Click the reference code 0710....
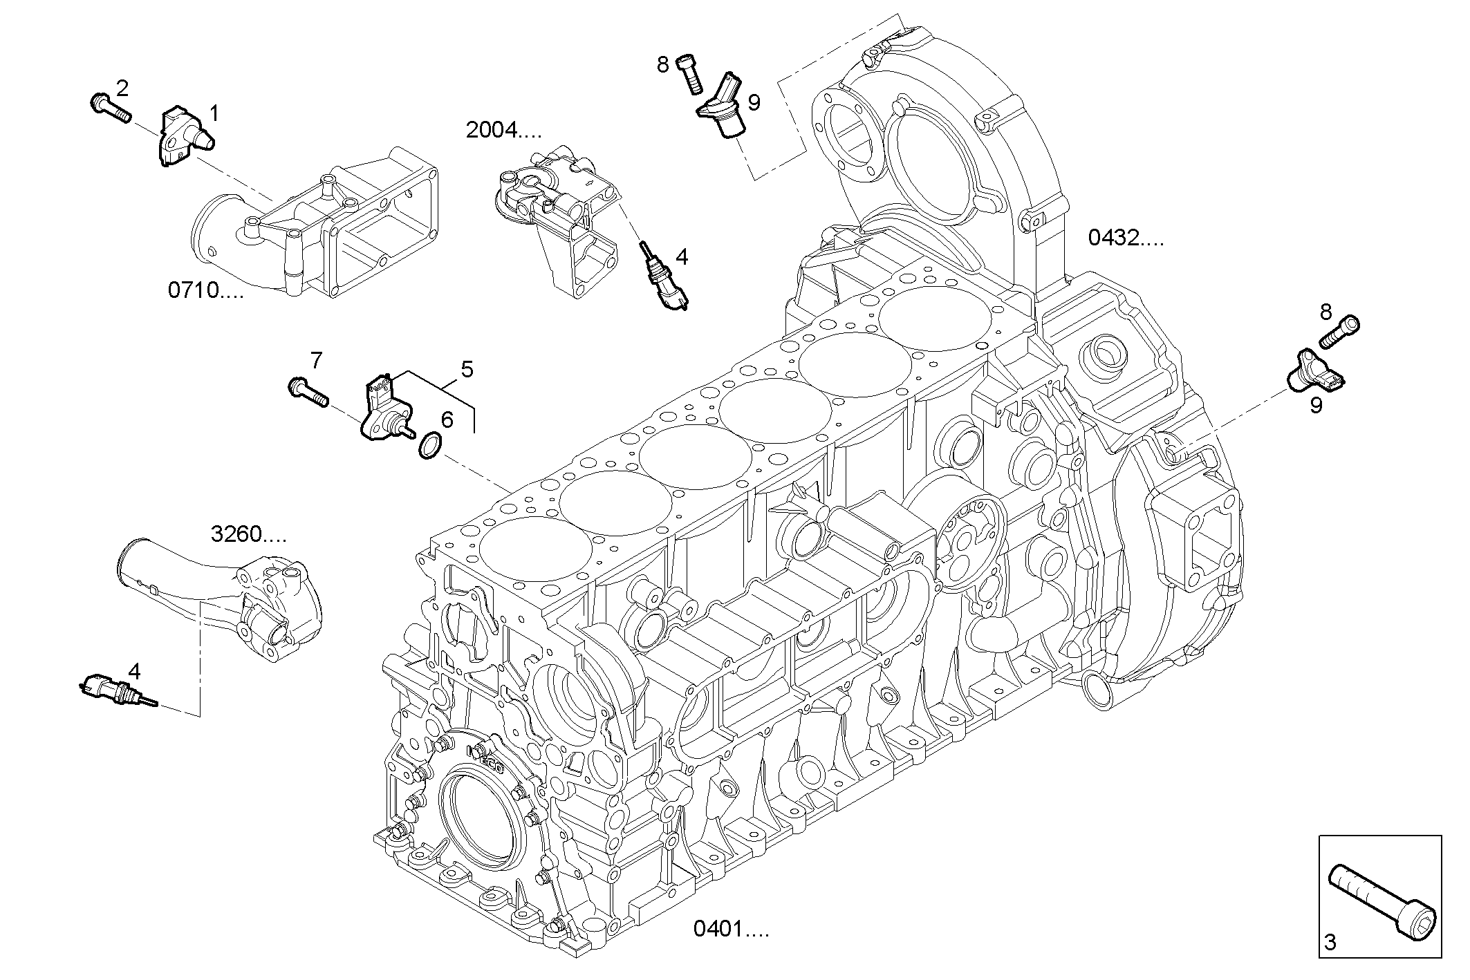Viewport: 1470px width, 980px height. point(205,290)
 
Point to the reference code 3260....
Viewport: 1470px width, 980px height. point(248,534)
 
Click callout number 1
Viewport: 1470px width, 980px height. point(214,113)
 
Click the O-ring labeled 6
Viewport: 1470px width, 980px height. point(429,446)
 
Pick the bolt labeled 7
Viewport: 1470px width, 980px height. point(308,392)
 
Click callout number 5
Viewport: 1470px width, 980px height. point(467,370)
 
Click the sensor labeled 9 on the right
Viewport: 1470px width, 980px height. point(1314,374)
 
